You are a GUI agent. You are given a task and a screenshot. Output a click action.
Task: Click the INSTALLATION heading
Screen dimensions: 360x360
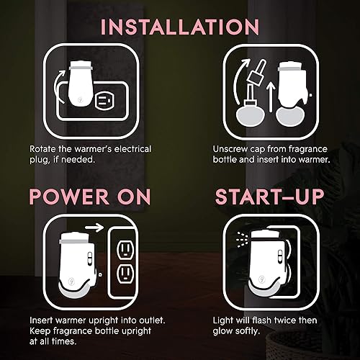tap(180, 27)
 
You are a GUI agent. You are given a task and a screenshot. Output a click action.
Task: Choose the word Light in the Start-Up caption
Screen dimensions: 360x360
tap(224, 319)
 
